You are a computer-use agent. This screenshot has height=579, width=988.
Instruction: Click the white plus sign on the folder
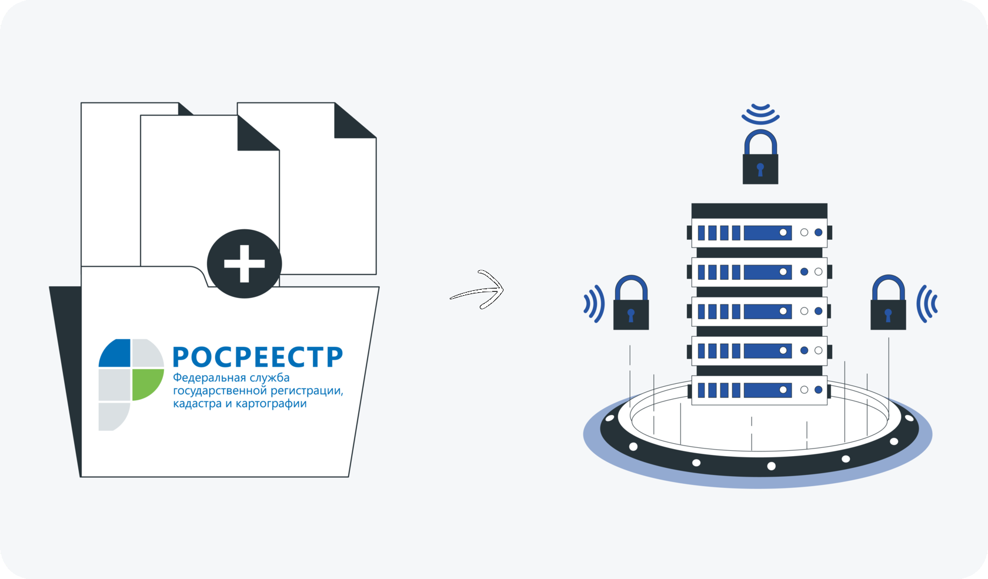(x=245, y=263)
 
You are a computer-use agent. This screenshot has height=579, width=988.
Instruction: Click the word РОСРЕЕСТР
(x=258, y=357)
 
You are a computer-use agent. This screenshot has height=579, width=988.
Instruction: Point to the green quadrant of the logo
(x=147, y=383)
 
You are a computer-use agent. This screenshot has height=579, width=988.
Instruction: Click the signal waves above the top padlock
(x=760, y=113)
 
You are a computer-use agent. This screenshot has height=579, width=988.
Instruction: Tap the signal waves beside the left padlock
(x=594, y=303)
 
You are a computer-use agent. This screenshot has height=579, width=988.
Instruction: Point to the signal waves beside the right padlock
(x=927, y=303)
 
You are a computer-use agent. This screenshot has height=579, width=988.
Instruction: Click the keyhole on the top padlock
(x=760, y=170)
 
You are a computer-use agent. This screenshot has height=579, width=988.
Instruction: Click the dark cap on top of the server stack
(x=759, y=210)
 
